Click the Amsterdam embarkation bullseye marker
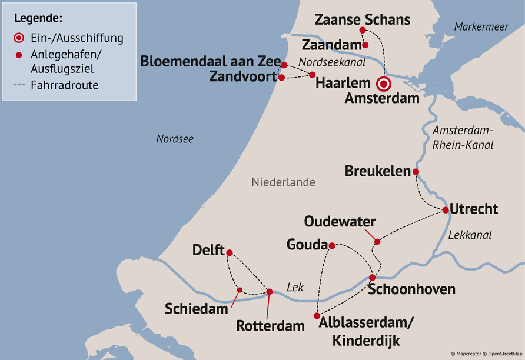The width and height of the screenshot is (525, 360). coord(384,84)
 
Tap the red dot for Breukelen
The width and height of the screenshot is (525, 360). coord(416,172)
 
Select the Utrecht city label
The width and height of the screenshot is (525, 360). coord(474,209)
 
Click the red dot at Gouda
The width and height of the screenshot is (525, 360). coord(332,245)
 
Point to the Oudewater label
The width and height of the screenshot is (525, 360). coord(340,222)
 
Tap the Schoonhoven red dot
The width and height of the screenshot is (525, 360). coord(372,277)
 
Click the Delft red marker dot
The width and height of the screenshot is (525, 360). coord(230,253)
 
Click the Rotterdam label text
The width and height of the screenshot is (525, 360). coord(270,325)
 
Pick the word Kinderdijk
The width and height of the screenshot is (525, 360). coord(365,341)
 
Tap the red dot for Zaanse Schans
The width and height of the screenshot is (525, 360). coord(363,30)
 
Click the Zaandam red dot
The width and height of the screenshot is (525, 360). coord(365,45)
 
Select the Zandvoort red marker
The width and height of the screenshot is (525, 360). coord(281,77)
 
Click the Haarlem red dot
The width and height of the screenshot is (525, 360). coord(313,74)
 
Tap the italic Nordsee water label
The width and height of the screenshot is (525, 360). coord(175,139)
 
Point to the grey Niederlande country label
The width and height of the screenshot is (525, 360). coord(283,182)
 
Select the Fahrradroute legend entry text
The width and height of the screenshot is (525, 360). coord(66,85)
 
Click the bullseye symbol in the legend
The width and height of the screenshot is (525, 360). coord(19,38)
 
